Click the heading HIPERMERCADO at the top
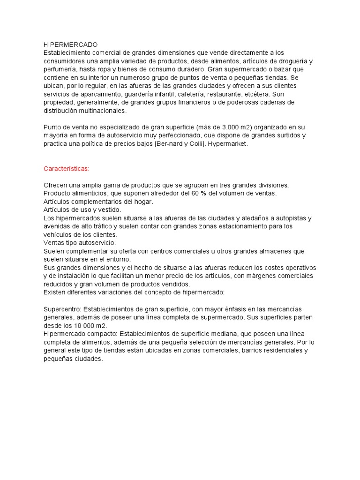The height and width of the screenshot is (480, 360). [70, 45]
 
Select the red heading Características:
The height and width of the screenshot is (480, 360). [66, 168]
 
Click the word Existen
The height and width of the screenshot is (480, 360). [55, 292]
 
